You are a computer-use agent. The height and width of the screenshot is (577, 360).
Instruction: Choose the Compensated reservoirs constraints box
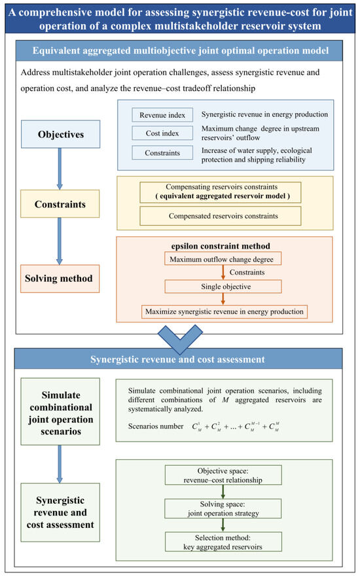click(220, 216)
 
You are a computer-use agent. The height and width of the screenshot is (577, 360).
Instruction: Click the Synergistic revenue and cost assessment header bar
click(179, 358)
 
